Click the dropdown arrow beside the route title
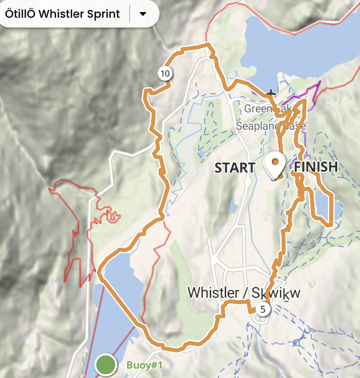143,14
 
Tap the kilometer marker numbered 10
165,73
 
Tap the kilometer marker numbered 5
263,309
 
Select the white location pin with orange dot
275,165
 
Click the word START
235,168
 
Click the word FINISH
316,167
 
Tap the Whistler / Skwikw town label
243,293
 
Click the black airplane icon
271,93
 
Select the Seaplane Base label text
270,126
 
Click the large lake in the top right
298,42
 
